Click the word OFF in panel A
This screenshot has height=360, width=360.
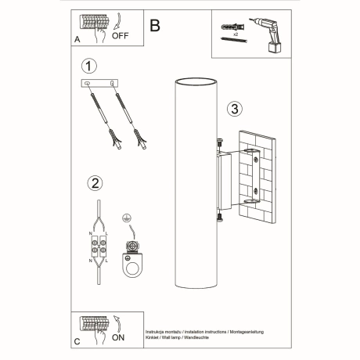pyautogui.click(x=122, y=34)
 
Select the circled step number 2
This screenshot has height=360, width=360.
pyautogui.click(x=95, y=184)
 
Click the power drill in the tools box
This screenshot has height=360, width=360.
pyautogui.click(x=263, y=33)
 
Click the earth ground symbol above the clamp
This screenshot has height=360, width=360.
pyautogui.click(x=125, y=221)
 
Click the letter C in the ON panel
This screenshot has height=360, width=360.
pyautogui.click(x=76, y=342)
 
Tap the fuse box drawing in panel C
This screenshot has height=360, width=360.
pyautogui.click(x=94, y=323)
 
